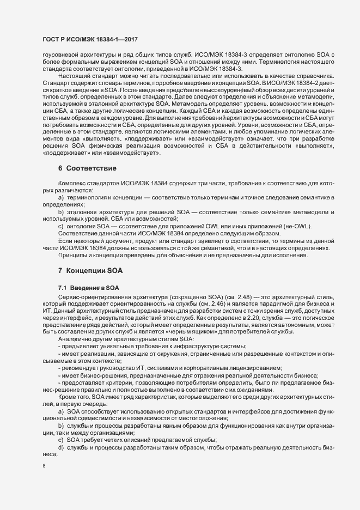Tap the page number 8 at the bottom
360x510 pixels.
pyautogui.click(x=44, y=465)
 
